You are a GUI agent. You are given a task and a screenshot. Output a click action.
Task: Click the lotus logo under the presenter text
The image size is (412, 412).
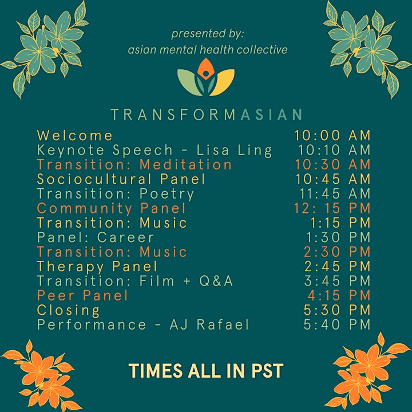(206, 77)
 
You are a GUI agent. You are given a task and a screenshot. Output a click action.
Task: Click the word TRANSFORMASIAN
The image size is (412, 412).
(207, 114)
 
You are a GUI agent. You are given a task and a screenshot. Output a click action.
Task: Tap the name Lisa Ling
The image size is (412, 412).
(234, 150)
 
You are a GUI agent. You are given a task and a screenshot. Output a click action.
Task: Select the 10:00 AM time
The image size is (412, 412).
(332, 136)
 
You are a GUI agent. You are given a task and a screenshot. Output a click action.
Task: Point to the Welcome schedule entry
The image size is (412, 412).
(75, 136)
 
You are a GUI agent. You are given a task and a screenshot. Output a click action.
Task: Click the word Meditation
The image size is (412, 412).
(185, 165)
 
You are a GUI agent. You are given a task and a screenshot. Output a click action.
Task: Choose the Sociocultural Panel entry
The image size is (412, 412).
(121, 179)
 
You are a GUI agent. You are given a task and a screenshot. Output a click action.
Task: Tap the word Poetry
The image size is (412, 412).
(167, 195)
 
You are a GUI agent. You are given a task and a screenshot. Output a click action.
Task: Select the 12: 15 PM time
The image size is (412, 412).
(332, 208)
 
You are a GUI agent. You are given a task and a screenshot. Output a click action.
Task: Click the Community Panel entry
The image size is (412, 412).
(112, 209)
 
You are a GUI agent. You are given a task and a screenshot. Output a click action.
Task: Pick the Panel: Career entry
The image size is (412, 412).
(96, 237)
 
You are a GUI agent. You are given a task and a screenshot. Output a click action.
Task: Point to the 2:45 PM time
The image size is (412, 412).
(338, 267)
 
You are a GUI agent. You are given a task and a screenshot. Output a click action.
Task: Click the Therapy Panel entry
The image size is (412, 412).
(97, 267)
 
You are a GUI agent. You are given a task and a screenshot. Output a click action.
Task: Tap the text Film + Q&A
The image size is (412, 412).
(186, 281)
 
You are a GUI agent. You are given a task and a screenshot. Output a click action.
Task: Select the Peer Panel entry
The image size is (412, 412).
(82, 296)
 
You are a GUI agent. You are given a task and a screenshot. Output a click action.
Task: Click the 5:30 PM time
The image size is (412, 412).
(337, 310)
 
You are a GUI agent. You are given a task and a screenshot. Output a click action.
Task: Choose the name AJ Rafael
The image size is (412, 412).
(209, 325)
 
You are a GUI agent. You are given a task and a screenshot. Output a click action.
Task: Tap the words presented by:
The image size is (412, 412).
(208, 34)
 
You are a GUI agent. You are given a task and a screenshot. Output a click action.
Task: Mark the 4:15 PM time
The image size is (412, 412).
(339, 296)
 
